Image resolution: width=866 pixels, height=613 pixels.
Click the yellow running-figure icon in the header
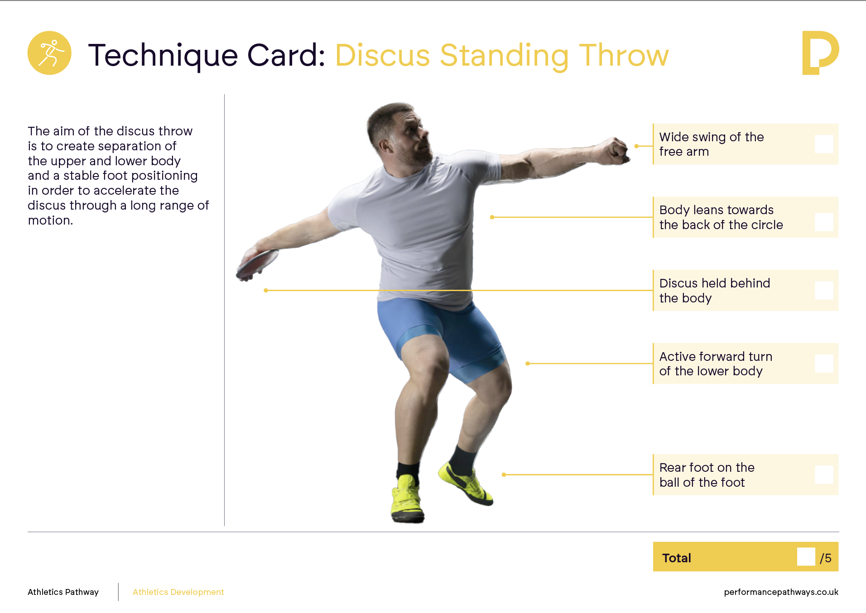(49, 53)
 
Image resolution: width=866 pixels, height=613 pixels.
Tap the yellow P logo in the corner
(820, 53)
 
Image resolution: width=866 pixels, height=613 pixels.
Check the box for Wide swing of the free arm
(824, 144)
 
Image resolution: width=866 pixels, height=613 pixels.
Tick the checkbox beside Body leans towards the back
(824, 222)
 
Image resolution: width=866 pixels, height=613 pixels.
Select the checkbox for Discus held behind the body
(824, 290)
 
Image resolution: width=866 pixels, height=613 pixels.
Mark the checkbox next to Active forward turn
(824, 364)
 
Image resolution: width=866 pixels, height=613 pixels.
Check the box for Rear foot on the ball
(824, 474)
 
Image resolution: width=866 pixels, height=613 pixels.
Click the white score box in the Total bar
(806, 556)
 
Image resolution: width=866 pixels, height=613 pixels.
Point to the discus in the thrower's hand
(257, 264)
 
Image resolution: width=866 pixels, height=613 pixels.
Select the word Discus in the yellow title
(382, 56)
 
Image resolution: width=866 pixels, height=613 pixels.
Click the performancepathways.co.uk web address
(781, 592)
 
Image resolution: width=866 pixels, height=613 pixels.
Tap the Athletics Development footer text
(178, 592)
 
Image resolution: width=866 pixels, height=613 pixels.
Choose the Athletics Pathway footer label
(63, 592)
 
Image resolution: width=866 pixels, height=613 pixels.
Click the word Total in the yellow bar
(677, 558)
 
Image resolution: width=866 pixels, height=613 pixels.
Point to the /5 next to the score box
(826, 558)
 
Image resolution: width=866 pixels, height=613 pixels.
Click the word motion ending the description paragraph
(50, 220)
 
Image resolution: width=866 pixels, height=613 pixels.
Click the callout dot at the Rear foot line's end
(504, 474)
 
